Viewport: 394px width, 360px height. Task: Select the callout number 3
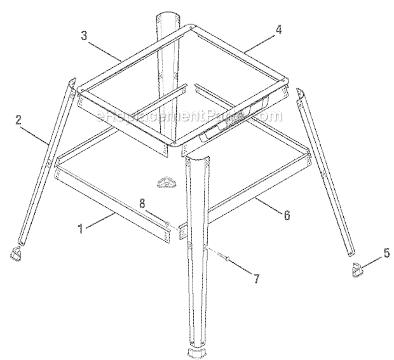click(x=84, y=36)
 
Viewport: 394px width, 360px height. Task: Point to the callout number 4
click(x=278, y=29)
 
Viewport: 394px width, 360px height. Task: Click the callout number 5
click(x=386, y=253)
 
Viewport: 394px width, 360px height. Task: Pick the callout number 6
click(x=287, y=215)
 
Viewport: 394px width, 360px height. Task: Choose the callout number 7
click(x=256, y=278)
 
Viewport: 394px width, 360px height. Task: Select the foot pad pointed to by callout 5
click(x=357, y=270)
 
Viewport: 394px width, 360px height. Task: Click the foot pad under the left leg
click(x=17, y=253)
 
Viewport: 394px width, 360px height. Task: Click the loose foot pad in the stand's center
click(x=166, y=182)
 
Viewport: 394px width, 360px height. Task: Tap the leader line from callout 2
click(x=35, y=136)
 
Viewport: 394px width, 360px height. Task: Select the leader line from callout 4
click(x=260, y=43)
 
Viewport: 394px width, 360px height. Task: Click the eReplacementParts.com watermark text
click(x=189, y=116)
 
